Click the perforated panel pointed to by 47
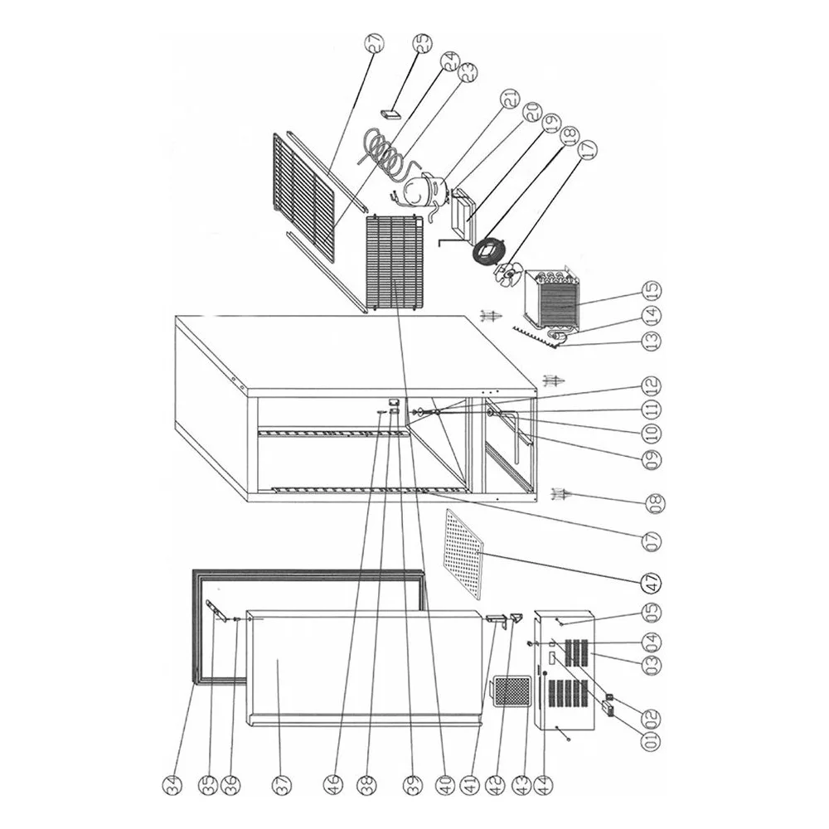(463, 553)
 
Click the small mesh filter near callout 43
(511, 690)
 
